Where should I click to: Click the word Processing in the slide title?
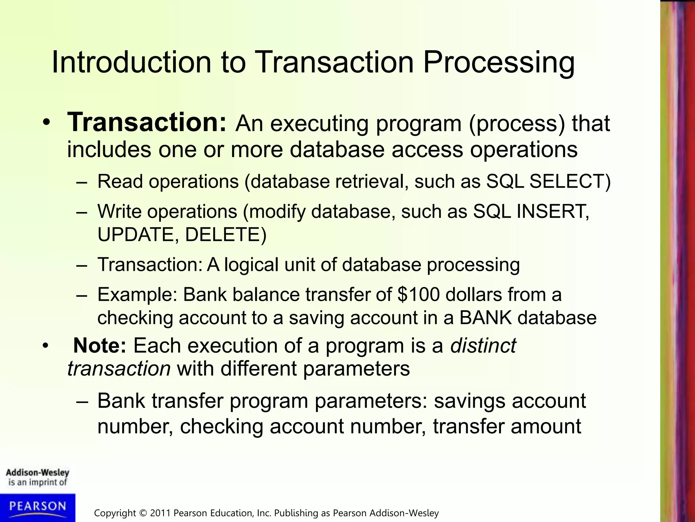[x=499, y=63]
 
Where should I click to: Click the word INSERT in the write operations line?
[x=552, y=211]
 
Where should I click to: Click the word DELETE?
[x=222, y=234]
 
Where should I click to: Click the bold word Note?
[x=100, y=346]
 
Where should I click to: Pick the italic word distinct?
[x=483, y=346]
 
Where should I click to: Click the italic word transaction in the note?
[x=119, y=369]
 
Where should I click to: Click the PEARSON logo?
[x=37, y=507]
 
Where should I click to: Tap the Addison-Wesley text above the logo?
[x=37, y=473]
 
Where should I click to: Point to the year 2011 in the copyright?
[x=161, y=513]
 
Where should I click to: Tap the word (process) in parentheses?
[x=517, y=123]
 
